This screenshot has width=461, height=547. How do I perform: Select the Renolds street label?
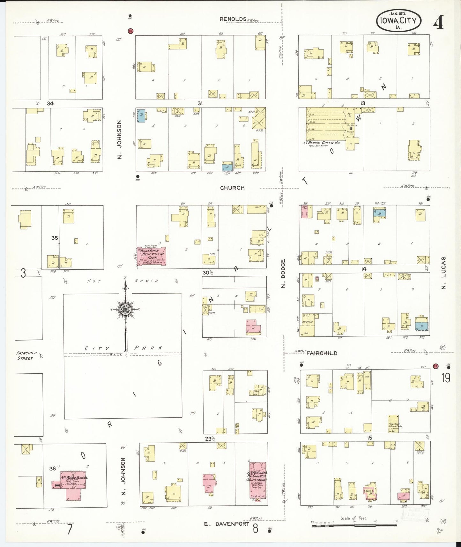coord(233,19)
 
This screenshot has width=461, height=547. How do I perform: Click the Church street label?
coord(232,188)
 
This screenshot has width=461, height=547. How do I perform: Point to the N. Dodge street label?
coord(283,273)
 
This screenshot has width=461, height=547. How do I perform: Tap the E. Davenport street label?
coord(227,524)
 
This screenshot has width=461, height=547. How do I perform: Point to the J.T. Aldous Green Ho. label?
coord(321,143)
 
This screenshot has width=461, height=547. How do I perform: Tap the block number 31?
coord(200,103)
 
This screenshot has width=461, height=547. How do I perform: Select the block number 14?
coord(364,269)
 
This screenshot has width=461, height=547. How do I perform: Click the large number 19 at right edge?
coord(446,378)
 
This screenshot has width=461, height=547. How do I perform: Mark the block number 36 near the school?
coord(52,468)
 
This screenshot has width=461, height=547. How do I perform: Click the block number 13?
coord(363,103)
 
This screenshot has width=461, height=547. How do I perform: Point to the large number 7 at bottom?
coord(70,529)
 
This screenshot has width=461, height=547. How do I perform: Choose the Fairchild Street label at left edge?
coord(27,356)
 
